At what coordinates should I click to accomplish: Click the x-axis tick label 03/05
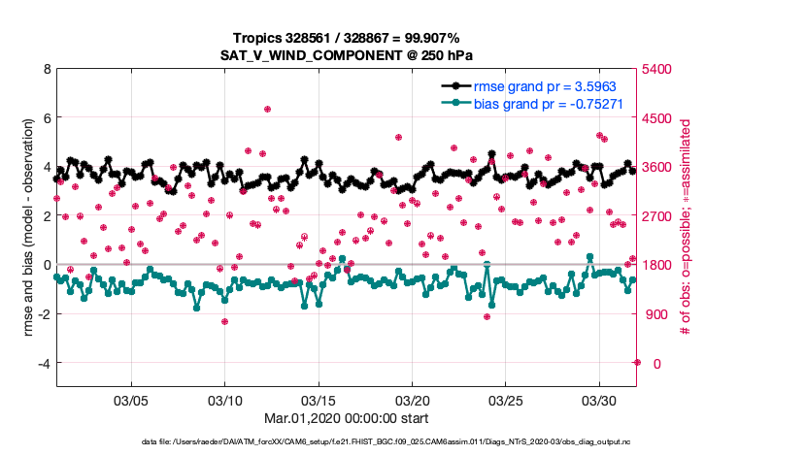tap(131, 400)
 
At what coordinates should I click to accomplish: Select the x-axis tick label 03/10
tap(225, 400)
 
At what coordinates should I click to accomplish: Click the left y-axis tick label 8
tap(46, 70)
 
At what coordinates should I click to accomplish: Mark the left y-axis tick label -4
tap(42, 363)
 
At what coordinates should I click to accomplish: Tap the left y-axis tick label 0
tap(46, 265)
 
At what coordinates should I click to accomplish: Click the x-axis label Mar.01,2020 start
tap(347, 419)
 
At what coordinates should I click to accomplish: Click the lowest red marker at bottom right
tap(637, 362)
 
